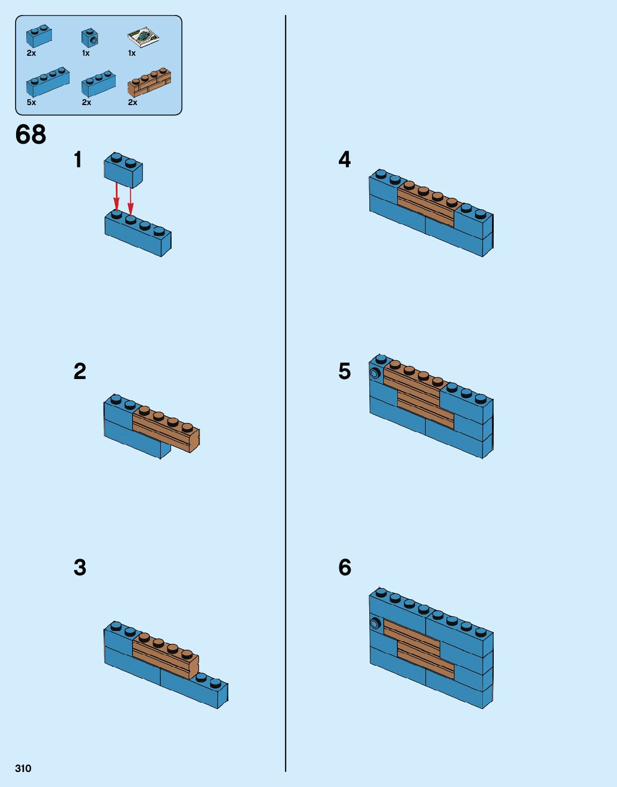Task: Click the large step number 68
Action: pyautogui.click(x=31, y=135)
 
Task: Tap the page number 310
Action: pyautogui.click(x=23, y=768)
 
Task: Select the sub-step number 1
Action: pyautogui.click(x=78, y=160)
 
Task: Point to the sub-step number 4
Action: pyautogui.click(x=345, y=160)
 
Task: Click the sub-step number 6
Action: pyautogui.click(x=345, y=567)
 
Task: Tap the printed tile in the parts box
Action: pyautogui.click(x=144, y=36)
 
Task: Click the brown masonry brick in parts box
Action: pyautogui.click(x=149, y=83)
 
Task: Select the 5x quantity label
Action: pyautogui.click(x=31, y=102)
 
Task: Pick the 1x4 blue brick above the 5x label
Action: pyautogui.click(x=48, y=83)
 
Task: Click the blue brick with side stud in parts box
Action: pyautogui.click(x=90, y=38)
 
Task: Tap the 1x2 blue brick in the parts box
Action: pyautogui.click(x=39, y=36)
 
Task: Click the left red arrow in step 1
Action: pyautogui.click(x=116, y=196)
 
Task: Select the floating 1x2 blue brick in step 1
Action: pyautogui.click(x=123, y=171)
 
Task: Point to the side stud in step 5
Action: pyautogui.click(x=375, y=373)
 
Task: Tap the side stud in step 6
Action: pyautogui.click(x=375, y=623)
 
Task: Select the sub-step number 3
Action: pyautogui.click(x=80, y=567)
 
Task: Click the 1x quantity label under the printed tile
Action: pyautogui.click(x=132, y=53)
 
